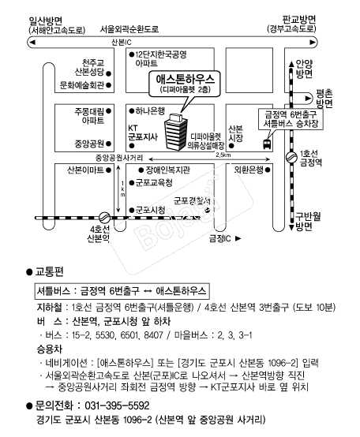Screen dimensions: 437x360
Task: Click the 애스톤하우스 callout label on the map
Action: click(x=184, y=83)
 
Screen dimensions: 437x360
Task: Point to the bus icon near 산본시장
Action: click(x=268, y=144)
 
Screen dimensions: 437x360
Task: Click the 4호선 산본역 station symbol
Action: click(x=104, y=216)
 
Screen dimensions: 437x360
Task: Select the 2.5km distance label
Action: click(x=223, y=155)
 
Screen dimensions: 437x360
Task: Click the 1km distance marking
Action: click(x=122, y=189)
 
